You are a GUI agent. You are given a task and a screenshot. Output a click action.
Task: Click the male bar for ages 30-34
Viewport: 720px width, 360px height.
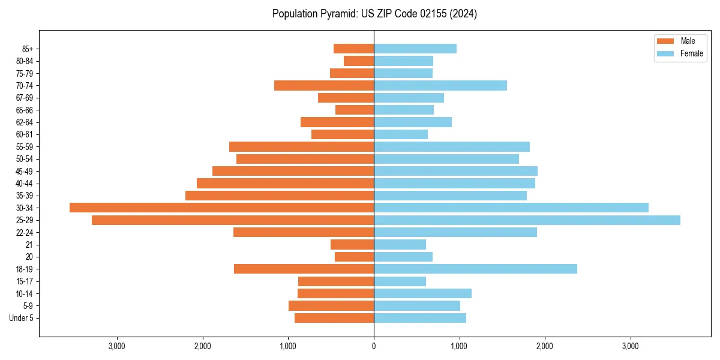(x=221, y=208)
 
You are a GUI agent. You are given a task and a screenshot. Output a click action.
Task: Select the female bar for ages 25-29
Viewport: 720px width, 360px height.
(x=527, y=220)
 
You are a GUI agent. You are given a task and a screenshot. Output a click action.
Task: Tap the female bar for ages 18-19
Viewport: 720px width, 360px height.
(x=475, y=269)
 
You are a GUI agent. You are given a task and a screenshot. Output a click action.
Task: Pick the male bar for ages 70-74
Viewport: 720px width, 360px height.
(x=324, y=86)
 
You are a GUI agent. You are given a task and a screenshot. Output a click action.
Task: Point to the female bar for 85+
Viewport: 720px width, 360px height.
(x=415, y=49)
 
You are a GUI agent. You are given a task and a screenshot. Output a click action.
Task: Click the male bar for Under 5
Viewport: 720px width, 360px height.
(x=334, y=318)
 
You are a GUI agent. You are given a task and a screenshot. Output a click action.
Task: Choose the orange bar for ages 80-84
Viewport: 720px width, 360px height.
(x=359, y=61)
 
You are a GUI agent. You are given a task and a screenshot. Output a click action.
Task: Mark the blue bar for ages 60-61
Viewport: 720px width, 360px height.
(x=401, y=134)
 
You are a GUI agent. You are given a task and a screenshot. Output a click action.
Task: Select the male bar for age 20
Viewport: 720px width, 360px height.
(x=354, y=257)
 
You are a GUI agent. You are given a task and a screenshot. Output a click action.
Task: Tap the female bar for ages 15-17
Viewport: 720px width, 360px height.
(x=400, y=281)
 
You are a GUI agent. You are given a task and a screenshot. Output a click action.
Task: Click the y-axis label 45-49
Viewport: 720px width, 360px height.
(x=25, y=171)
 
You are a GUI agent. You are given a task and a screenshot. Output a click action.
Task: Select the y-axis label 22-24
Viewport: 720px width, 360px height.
(x=25, y=232)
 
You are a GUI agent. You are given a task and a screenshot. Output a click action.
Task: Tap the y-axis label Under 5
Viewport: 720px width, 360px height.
(x=22, y=318)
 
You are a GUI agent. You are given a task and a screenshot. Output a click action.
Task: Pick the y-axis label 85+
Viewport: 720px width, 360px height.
(x=28, y=49)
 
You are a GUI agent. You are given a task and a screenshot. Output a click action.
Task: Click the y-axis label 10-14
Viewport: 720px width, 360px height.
(x=25, y=293)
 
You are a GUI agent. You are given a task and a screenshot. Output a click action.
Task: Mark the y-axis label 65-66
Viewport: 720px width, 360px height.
(x=25, y=110)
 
